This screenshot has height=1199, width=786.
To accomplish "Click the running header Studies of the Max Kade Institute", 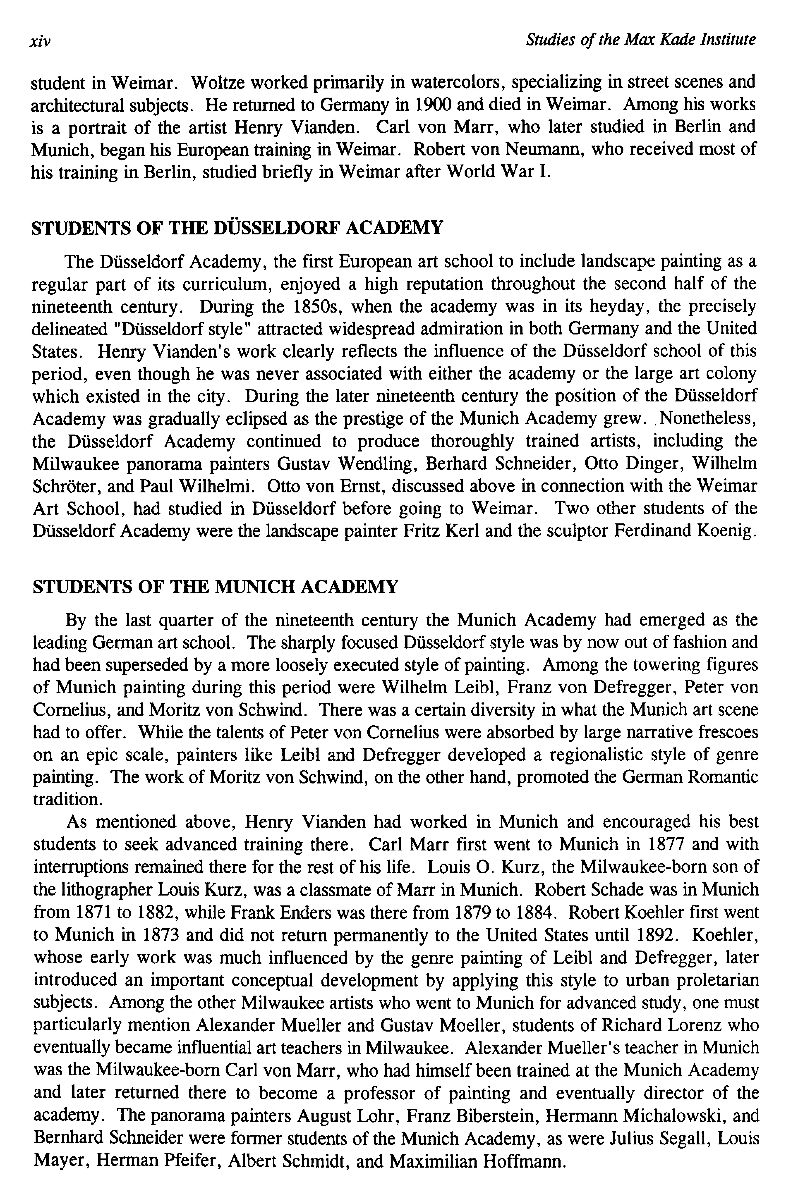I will click(640, 39).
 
